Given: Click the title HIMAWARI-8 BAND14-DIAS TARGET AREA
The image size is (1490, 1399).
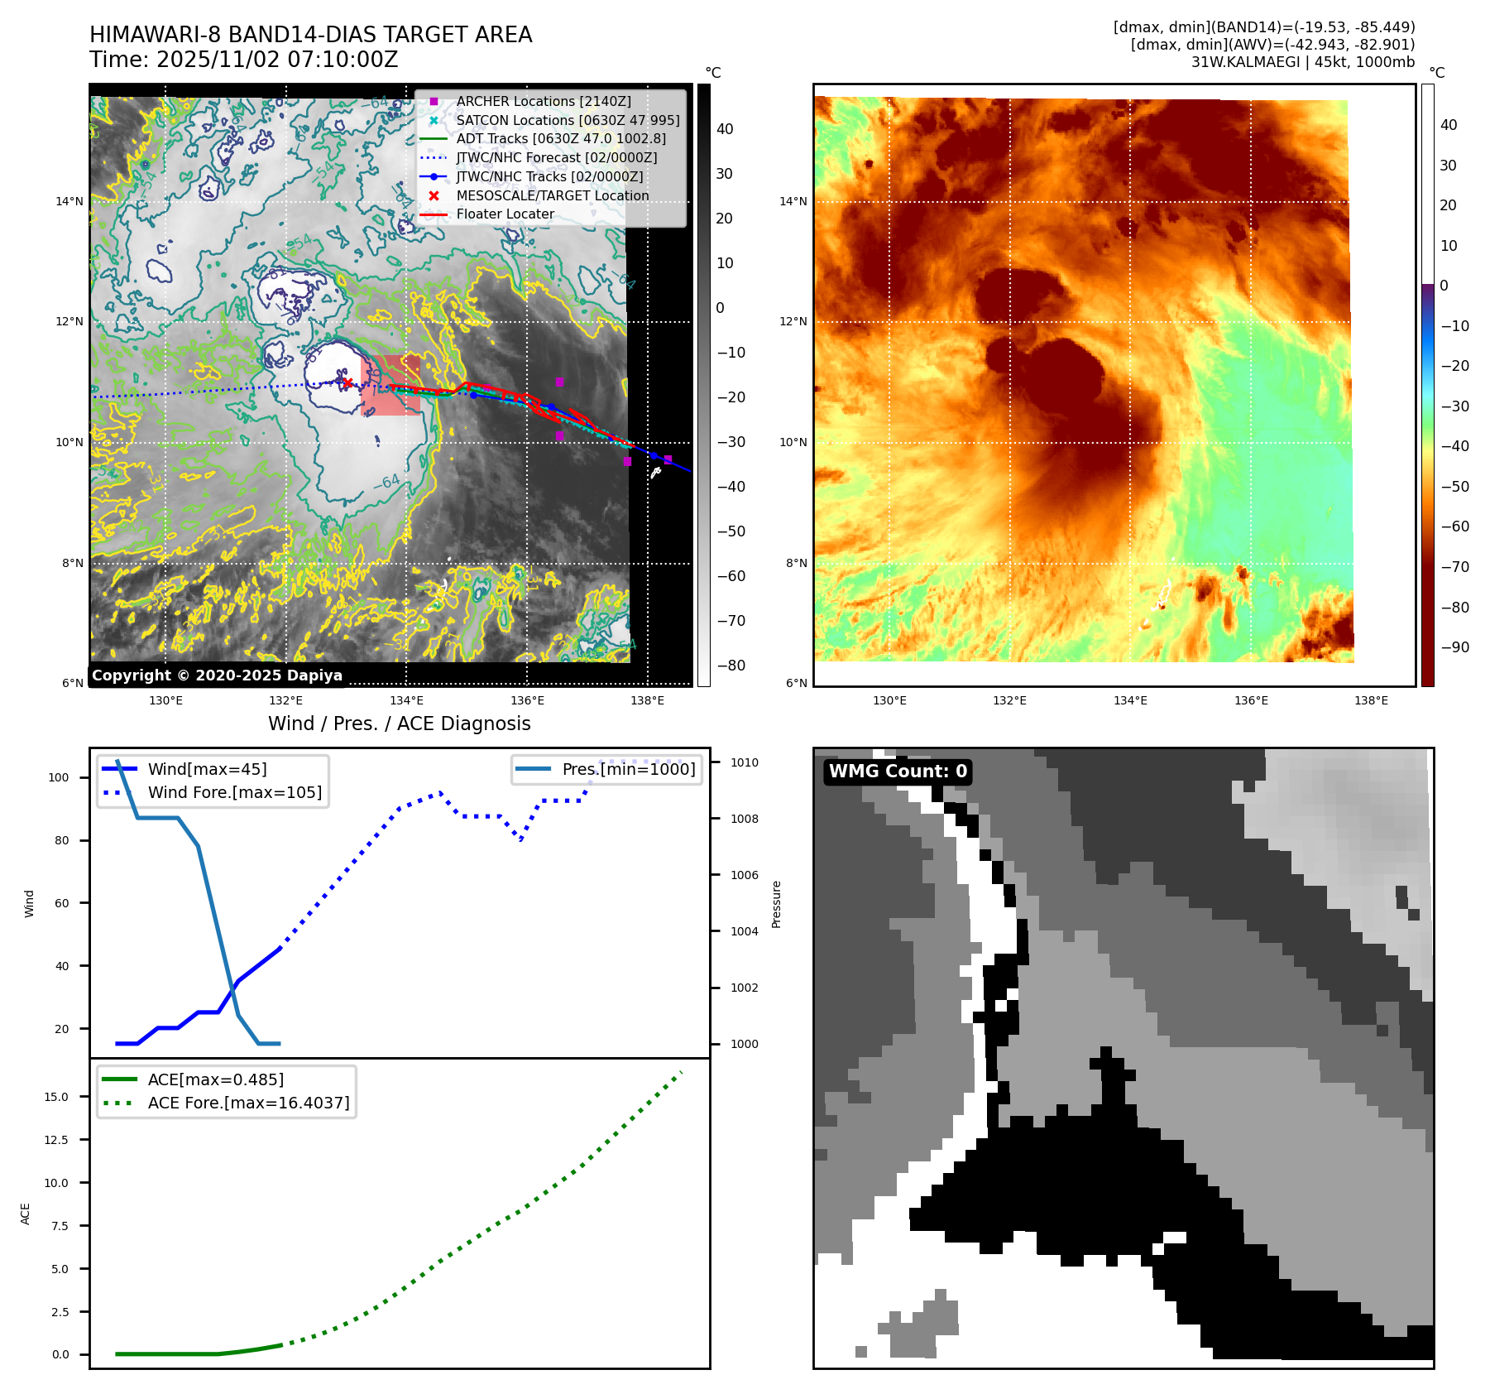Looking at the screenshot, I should [x=310, y=35].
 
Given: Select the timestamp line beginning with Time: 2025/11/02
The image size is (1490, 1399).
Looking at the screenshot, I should [x=244, y=60].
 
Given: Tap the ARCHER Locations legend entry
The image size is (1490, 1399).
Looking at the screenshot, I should [x=543, y=101].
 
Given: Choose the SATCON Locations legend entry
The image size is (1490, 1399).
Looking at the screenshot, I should [x=568, y=120].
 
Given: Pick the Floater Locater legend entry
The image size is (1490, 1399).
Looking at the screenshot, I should [x=505, y=214].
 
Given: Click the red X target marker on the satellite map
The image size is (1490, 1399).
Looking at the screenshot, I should [x=347, y=382].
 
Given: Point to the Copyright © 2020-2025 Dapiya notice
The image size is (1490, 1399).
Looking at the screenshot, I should [x=217, y=675].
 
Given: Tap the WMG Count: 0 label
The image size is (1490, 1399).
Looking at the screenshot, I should [x=898, y=772].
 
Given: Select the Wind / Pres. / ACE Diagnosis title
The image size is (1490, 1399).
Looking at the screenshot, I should [x=400, y=724].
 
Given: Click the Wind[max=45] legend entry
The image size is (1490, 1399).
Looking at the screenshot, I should [x=207, y=769].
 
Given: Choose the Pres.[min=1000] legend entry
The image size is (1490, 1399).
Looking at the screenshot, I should [x=629, y=769].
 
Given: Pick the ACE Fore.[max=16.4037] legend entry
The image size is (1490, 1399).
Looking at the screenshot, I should [x=248, y=1103].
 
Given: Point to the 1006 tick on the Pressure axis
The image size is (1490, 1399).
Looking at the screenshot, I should [x=745, y=875].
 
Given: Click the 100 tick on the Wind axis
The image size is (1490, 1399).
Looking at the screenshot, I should [x=59, y=777].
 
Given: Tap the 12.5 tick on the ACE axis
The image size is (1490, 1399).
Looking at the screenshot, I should [x=56, y=1140].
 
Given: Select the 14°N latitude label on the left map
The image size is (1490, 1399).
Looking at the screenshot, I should [x=69, y=201].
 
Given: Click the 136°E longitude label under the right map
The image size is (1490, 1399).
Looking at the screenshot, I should [x=1251, y=700].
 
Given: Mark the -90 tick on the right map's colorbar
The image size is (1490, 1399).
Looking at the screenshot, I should [x=1454, y=647].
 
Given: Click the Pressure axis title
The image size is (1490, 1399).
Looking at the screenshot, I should [x=776, y=904].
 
